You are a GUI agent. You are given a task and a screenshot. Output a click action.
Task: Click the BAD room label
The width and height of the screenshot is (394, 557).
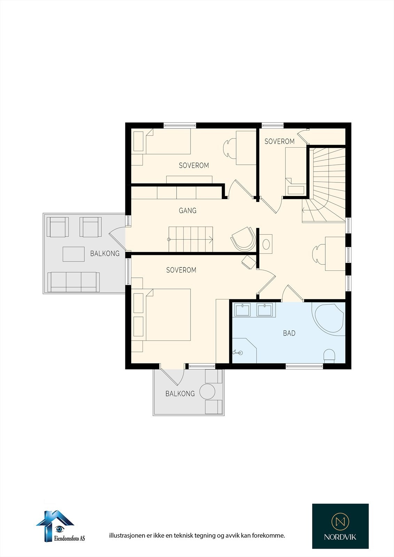[x=289, y=333]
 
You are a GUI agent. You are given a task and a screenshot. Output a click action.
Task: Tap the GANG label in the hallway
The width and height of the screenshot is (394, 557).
[x=187, y=211]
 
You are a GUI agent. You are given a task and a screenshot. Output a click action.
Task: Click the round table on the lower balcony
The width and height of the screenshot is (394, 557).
[x=208, y=391]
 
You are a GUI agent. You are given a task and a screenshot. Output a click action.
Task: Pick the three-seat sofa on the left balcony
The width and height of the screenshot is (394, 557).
[x=74, y=282]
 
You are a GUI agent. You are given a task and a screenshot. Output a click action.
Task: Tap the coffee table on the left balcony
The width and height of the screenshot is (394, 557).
[x=74, y=254]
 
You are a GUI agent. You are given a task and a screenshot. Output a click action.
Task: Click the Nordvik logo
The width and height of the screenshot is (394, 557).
[x=340, y=526]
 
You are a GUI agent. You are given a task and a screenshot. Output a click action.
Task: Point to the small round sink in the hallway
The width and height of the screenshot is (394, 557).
[x=266, y=243]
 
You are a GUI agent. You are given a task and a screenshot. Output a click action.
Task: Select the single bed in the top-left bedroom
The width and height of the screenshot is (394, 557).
[x=167, y=141]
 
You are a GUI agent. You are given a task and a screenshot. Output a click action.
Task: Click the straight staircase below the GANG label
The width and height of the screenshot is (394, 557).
[x=191, y=239]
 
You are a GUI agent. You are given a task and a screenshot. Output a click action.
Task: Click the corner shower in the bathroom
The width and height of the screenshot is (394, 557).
[x=244, y=350]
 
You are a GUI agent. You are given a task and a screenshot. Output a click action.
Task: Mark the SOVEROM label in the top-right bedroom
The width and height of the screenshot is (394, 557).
[x=279, y=141]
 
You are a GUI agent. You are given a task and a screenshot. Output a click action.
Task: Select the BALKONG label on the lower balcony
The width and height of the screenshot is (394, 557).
[x=180, y=394]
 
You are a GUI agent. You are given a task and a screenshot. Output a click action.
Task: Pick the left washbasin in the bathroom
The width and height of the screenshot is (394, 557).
[x=242, y=309]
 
